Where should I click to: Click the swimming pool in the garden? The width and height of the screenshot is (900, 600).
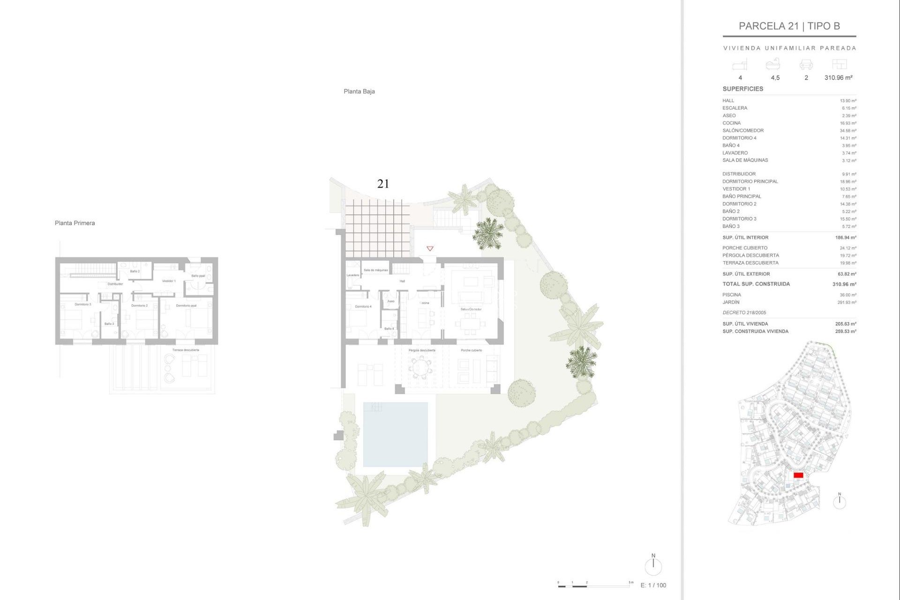(x=395, y=435)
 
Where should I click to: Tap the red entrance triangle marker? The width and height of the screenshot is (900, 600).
(x=430, y=248)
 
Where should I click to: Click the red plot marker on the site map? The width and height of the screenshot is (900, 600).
(x=798, y=475)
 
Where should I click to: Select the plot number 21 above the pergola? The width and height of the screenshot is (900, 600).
(x=383, y=184)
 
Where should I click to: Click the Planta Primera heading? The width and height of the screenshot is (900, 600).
(x=75, y=223)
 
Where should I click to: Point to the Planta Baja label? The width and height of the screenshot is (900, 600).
(x=359, y=91)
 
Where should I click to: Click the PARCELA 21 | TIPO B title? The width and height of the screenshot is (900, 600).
(x=789, y=26)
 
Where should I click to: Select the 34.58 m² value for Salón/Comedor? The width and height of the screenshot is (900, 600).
(x=848, y=131)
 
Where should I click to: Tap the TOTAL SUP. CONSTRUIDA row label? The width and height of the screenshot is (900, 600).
(x=756, y=284)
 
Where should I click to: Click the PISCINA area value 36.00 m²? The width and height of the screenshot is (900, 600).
(x=848, y=295)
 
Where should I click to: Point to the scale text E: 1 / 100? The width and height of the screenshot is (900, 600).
(x=653, y=585)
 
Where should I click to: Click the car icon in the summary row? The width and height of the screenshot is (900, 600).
(x=806, y=65)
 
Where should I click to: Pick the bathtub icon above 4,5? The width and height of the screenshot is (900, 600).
(x=773, y=64)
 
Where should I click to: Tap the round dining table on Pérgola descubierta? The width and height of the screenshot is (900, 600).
(x=420, y=367)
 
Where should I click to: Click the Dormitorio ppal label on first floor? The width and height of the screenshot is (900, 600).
(x=186, y=306)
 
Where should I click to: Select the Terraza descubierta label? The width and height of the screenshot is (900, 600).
(x=186, y=350)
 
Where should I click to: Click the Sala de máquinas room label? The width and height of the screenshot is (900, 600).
(x=375, y=270)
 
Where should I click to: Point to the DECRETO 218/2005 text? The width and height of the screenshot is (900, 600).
(x=744, y=313)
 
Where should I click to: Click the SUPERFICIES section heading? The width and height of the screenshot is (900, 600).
(x=742, y=89)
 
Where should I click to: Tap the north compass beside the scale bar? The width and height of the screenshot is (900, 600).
(x=653, y=566)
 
